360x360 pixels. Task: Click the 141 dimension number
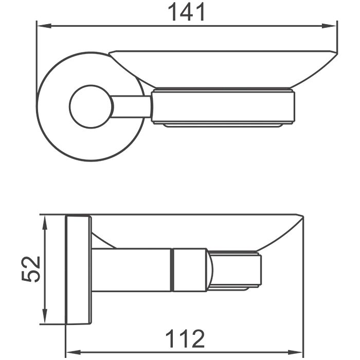coord(186,12)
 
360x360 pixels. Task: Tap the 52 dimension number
coord(30,269)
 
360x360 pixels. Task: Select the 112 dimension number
coord(185,338)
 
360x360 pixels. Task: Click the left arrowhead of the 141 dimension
coord(44,26)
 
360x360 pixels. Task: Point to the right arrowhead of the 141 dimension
coord(329,26)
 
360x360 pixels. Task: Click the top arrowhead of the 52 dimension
coord(45,223)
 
